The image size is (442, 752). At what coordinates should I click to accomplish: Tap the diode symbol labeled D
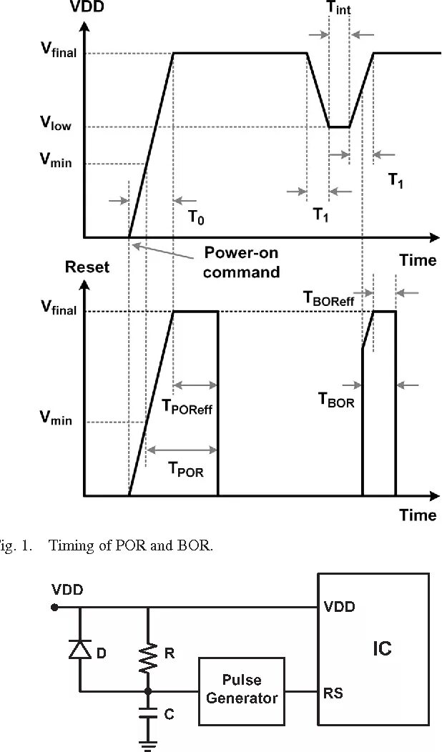(79, 648)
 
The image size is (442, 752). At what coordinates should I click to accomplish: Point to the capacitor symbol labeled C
(148, 713)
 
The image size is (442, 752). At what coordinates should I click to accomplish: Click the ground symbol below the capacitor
(148, 744)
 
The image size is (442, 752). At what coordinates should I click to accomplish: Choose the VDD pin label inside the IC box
(339, 607)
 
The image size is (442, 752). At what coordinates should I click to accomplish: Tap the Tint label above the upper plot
(339, 9)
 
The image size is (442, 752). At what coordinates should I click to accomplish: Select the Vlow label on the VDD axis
(55, 123)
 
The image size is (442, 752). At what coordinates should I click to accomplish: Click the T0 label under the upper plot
(196, 217)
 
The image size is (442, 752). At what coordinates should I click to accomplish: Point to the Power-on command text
(241, 262)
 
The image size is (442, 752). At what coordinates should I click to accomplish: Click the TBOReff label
(333, 300)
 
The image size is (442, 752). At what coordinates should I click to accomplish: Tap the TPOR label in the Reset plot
(185, 469)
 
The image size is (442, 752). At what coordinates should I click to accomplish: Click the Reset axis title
(87, 267)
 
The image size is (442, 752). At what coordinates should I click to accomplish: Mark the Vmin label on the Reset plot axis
(55, 419)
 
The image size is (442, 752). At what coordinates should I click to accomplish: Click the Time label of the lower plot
(417, 515)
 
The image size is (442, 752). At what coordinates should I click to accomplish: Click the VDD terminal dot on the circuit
(56, 608)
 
